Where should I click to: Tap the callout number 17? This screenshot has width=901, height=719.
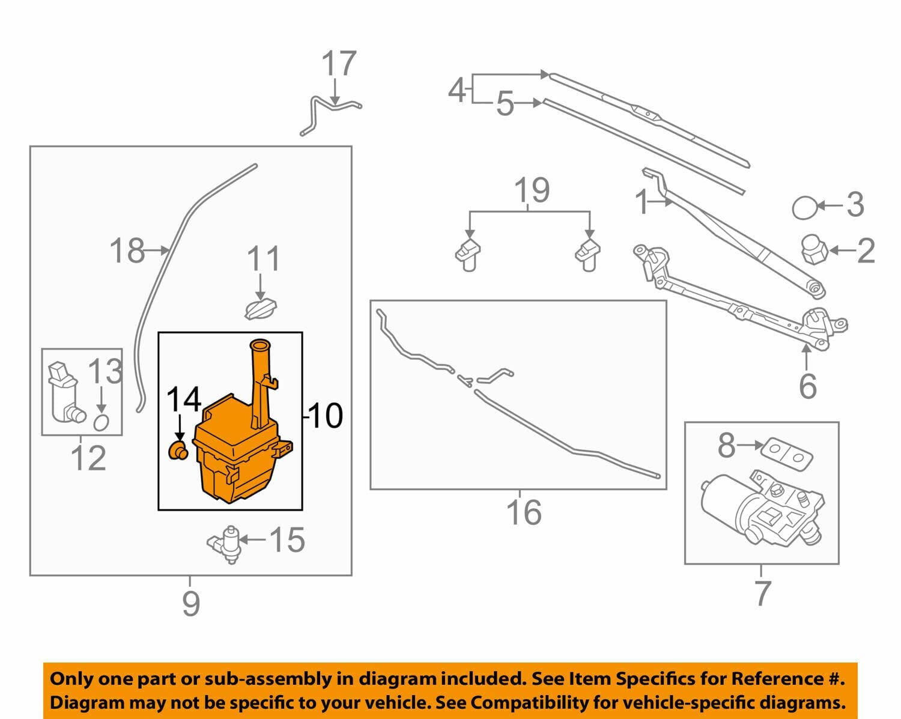pos(339,64)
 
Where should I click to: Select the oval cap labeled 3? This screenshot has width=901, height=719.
pos(804,208)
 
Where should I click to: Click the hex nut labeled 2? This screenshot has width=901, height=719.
pos(814,250)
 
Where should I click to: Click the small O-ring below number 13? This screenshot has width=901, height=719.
pos(101,423)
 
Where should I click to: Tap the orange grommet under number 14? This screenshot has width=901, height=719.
pos(178,450)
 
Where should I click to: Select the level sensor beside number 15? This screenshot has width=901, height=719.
pos(225,544)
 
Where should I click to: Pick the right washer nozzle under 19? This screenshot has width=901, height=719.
pos(588,255)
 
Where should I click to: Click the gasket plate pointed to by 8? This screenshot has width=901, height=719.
pos(786,454)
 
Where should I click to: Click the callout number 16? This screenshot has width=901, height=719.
pos(524,512)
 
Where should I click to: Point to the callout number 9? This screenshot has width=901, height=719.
pos(191,604)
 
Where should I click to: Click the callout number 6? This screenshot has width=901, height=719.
pos(808,386)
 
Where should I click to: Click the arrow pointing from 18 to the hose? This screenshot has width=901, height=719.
pos(157,250)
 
